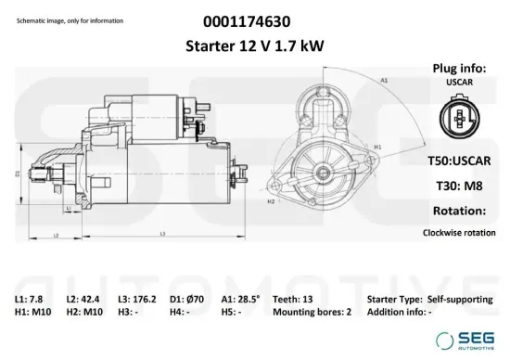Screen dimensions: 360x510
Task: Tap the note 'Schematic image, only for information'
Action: point(64,20)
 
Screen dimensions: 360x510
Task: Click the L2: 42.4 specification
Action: point(84,301)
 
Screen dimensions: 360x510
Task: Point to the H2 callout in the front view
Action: point(271,200)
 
